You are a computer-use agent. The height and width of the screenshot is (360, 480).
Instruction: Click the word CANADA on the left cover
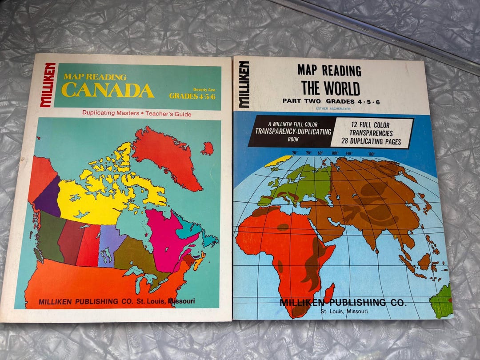(x=108, y=90)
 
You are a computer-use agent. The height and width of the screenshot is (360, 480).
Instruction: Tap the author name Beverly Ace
(x=204, y=89)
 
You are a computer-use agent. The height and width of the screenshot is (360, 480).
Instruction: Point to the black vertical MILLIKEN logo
(x=244, y=84)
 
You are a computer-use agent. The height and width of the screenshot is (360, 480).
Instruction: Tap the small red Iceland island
(x=207, y=148)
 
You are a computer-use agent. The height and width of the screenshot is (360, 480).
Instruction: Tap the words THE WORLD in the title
(x=330, y=88)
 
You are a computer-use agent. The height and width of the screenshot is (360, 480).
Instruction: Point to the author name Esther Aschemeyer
(x=330, y=107)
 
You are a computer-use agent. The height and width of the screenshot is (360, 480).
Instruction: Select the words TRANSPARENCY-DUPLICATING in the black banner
(x=293, y=132)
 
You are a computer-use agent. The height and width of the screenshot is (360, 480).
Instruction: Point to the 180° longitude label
(x=371, y=154)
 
